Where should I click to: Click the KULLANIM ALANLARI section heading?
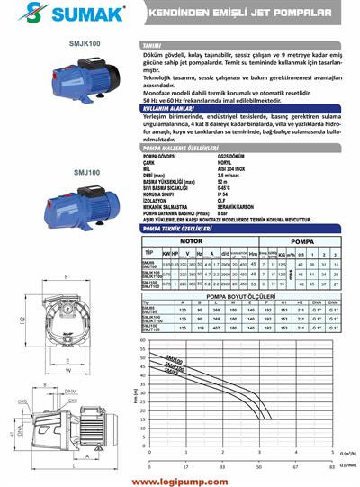coord(171,106)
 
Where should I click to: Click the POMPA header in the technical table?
coord(301,241)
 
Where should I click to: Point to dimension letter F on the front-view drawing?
coord(67,276)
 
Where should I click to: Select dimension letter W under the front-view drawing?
coord(68,369)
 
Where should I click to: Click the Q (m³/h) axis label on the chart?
coord(344,455)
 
